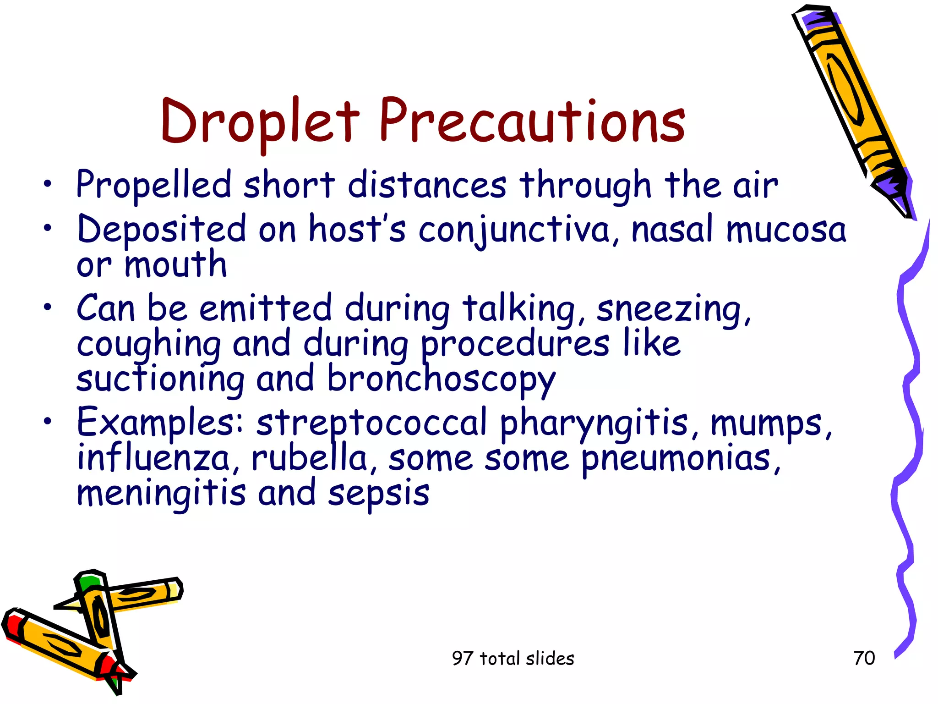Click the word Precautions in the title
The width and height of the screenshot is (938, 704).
coord(532,121)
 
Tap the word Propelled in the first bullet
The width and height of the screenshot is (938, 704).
coord(154,185)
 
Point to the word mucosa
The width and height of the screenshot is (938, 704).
coord(786,229)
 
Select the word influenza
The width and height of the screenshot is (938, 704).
coord(153,458)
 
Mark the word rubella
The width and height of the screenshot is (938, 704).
coord(310,458)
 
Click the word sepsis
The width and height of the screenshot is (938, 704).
coord(379,495)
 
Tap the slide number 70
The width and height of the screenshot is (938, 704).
coord(864,658)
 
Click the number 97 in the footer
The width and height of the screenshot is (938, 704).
coord(462,659)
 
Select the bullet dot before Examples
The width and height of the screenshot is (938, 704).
coord(48,421)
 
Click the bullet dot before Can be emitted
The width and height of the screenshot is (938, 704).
coord(48,307)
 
